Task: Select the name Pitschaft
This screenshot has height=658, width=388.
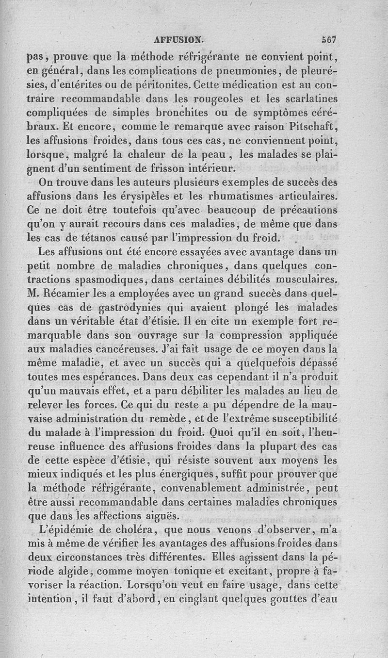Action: pyautogui.click(x=311, y=128)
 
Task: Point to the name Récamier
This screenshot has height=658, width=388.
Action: pyautogui.click(x=73, y=294)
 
